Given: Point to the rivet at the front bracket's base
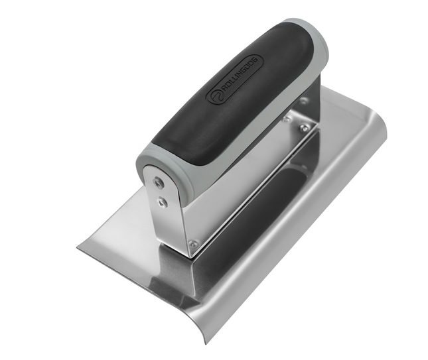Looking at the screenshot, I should (192, 243).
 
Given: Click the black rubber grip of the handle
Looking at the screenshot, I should (219, 99).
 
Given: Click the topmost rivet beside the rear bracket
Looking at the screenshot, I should (303, 101).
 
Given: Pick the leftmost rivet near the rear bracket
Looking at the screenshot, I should (285, 120).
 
